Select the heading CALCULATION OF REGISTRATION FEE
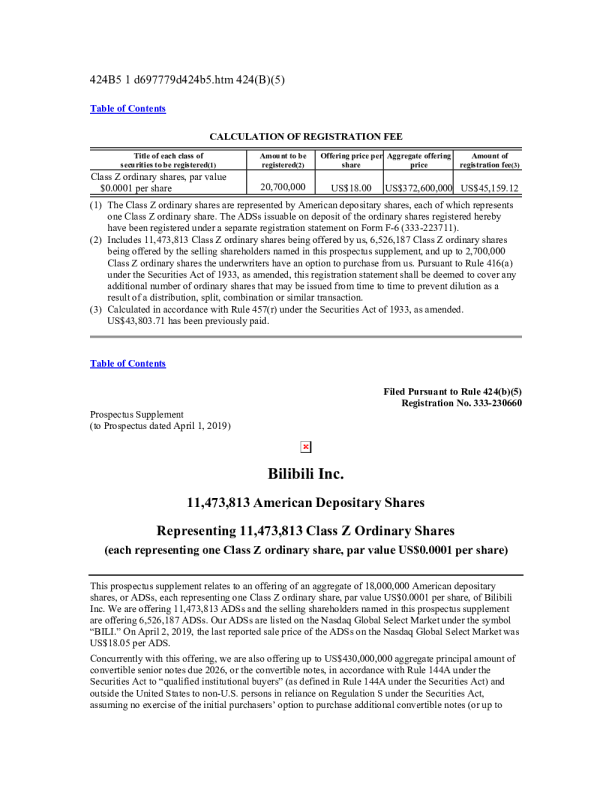click(x=305, y=134)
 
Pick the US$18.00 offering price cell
click(x=350, y=187)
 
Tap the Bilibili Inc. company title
click(x=306, y=472)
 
